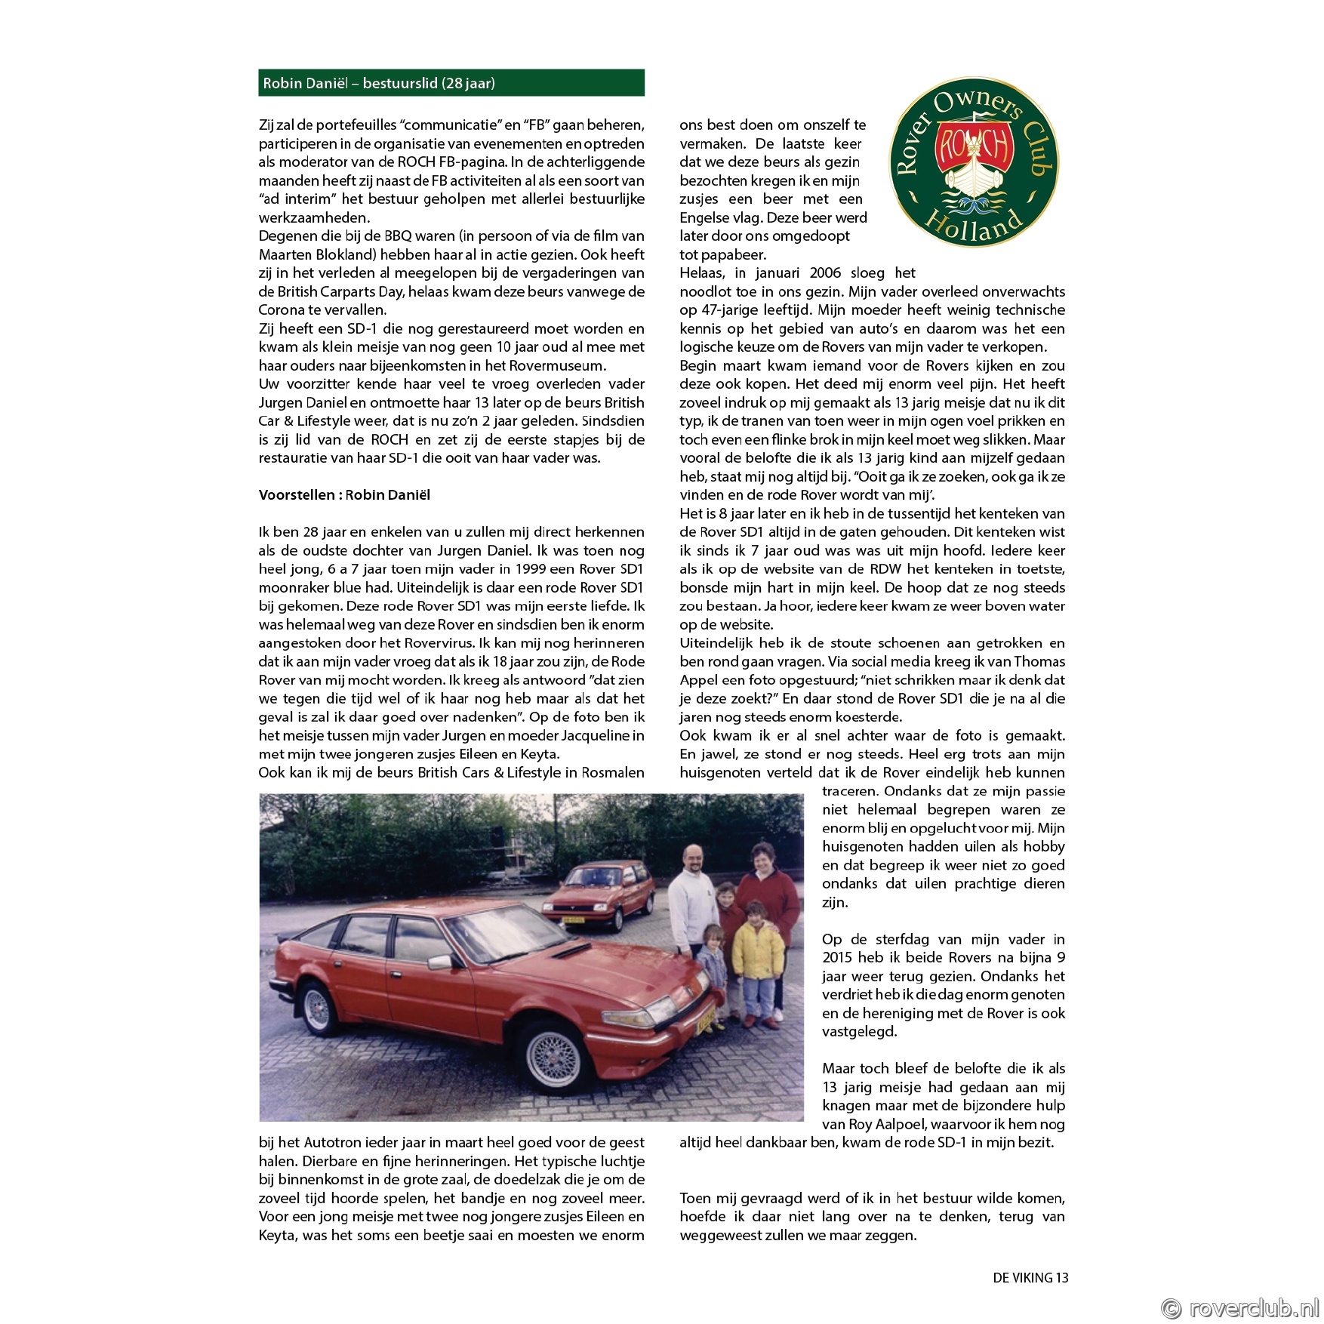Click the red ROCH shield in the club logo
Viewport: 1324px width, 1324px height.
[x=974, y=146]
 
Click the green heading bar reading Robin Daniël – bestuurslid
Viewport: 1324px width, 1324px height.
[x=451, y=83]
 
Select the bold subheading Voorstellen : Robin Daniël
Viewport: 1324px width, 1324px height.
[x=344, y=495]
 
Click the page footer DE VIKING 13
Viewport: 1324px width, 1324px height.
[x=1030, y=1277]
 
